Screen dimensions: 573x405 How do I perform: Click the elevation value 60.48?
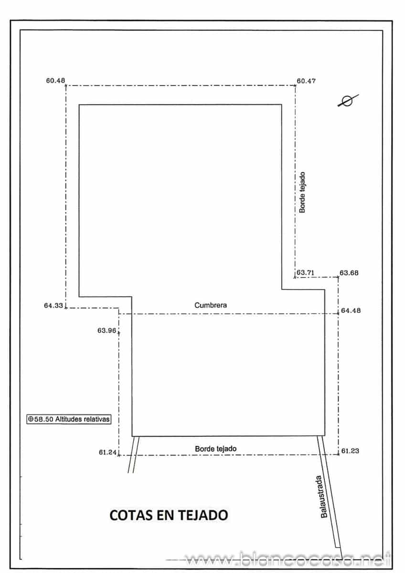click(x=55, y=81)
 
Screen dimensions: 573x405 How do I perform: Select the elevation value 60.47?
click(x=306, y=81)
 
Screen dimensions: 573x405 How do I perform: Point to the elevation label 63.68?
click(x=349, y=273)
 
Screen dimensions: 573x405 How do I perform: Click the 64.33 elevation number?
click(x=53, y=306)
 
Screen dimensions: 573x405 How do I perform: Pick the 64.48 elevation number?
click(x=351, y=311)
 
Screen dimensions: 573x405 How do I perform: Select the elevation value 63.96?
click(x=107, y=330)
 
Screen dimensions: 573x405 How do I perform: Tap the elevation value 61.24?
click(x=108, y=452)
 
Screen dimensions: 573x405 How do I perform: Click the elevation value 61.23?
click(x=351, y=451)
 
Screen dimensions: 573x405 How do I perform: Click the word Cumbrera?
click(x=211, y=305)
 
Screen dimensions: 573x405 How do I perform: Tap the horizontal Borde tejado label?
click(x=216, y=449)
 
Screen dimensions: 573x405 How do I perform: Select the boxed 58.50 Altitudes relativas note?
click(x=69, y=419)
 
